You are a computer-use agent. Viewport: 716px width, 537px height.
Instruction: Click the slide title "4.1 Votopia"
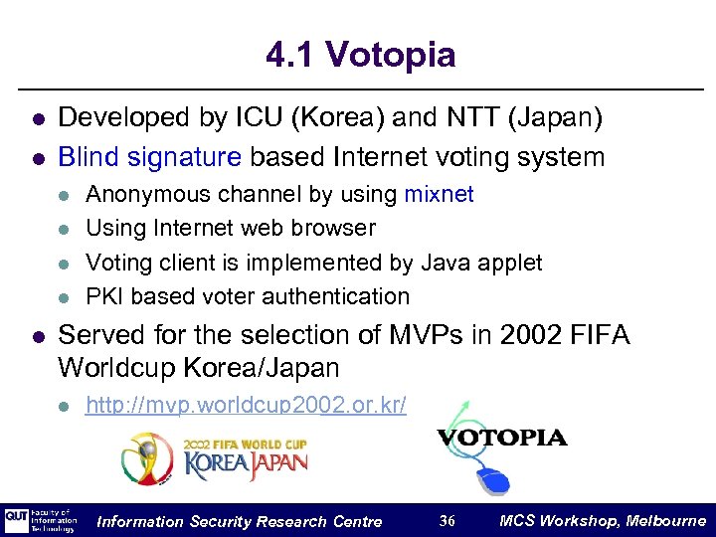point(360,55)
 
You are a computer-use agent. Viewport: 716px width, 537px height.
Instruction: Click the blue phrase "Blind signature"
point(150,157)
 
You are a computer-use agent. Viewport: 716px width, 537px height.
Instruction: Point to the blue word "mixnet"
point(439,194)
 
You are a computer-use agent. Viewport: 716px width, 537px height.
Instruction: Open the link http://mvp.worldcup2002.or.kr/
point(246,406)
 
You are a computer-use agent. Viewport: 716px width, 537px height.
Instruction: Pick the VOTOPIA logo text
point(502,438)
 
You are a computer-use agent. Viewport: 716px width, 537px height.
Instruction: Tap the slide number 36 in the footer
point(447,521)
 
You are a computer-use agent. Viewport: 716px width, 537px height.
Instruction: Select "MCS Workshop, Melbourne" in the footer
point(603,521)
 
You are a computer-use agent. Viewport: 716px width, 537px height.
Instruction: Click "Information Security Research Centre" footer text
point(240,521)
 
